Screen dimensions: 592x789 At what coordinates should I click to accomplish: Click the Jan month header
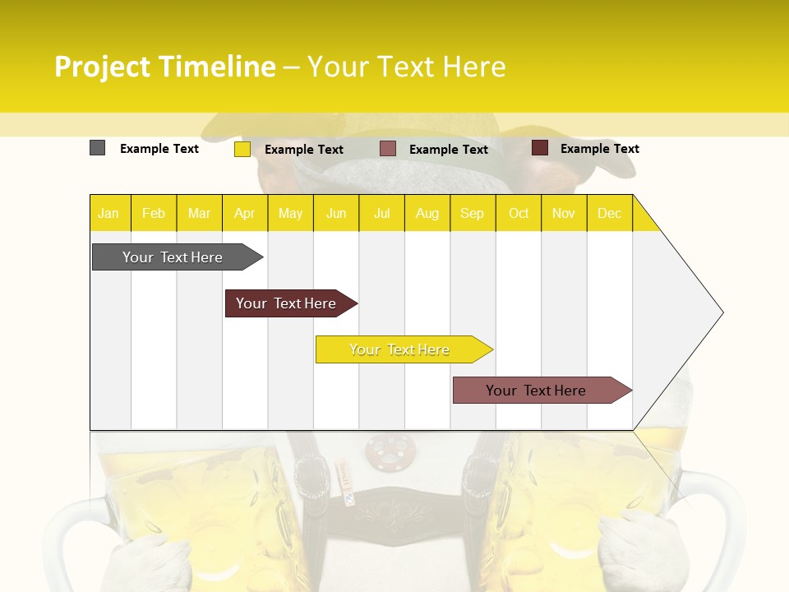(108, 213)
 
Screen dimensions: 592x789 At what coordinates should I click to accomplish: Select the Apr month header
(244, 213)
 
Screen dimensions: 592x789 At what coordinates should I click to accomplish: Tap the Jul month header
(381, 213)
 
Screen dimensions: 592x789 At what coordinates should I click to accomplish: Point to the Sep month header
(472, 213)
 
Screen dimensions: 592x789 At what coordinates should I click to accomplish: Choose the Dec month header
(609, 213)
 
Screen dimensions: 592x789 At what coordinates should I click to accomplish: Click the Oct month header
(518, 213)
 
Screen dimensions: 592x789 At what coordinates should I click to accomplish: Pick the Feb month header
(154, 213)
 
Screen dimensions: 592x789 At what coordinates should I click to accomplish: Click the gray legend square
(97, 148)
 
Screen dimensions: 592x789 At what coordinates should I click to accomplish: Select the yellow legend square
(242, 149)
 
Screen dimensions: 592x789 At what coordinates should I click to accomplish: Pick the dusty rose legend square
(388, 149)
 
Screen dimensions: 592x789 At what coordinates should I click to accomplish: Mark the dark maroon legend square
(540, 148)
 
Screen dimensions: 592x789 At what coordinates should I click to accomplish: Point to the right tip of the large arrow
(722, 312)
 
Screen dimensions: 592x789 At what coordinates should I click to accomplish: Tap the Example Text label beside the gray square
(159, 149)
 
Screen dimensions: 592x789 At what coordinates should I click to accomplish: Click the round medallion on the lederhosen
(390, 449)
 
